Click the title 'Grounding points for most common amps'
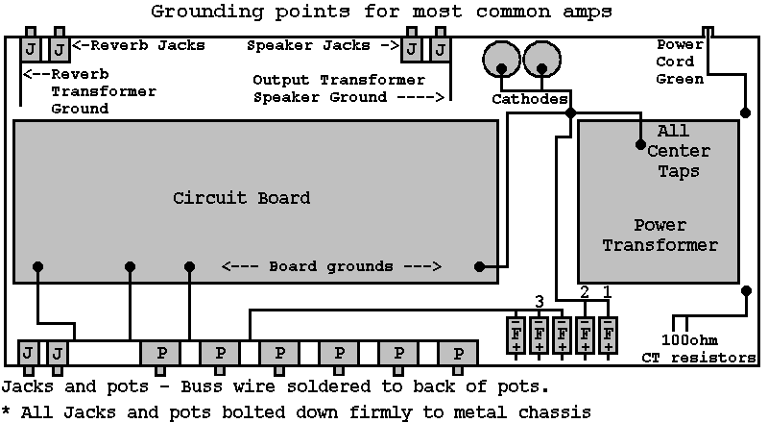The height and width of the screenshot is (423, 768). pos(381,12)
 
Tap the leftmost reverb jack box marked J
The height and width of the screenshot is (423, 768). pos(32,49)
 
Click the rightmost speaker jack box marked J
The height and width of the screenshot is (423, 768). pos(441,49)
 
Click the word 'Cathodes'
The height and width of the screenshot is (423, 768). pos(529,99)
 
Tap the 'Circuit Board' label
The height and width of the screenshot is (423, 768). pos(241,199)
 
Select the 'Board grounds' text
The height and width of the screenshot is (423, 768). pos(330,266)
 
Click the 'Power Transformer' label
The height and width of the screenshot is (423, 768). pos(660,236)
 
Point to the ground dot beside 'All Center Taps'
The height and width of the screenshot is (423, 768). pos(640,145)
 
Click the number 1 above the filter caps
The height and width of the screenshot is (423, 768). pos(607,290)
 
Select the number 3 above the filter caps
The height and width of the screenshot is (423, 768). pos(540,300)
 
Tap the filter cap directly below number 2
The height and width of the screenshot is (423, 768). pos(585,334)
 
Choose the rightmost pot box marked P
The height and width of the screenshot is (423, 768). pos(458,352)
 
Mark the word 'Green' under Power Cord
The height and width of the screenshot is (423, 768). pos(681,80)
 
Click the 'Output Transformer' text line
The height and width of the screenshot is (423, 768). pos(338,80)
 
